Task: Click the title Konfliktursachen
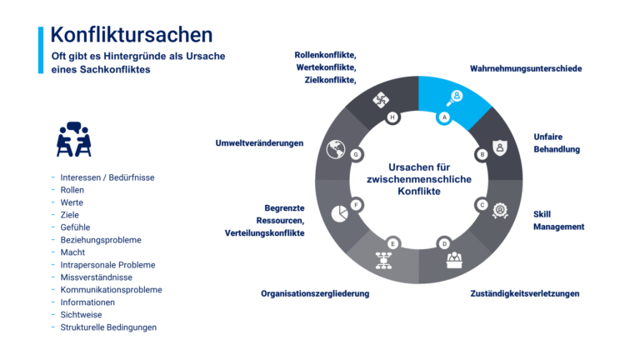pyautogui.click(x=131, y=35)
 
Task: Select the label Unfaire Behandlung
pyautogui.click(x=556, y=143)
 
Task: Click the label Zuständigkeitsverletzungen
pyautogui.click(x=524, y=293)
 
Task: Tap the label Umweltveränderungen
pyautogui.click(x=259, y=142)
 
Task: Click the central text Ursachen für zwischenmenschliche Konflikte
pyautogui.click(x=419, y=178)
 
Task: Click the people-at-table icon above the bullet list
pyautogui.click(x=73, y=139)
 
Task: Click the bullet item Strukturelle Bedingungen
pyautogui.click(x=108, y=327)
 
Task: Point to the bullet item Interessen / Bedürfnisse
pyautogui.click(x=108, y=177)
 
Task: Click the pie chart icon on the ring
pyautogui.click(x=340, y=213)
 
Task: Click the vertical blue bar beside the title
pyautogui.click(x=40, y=50)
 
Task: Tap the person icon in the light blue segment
pyautogui.click(x=455, y=95)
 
